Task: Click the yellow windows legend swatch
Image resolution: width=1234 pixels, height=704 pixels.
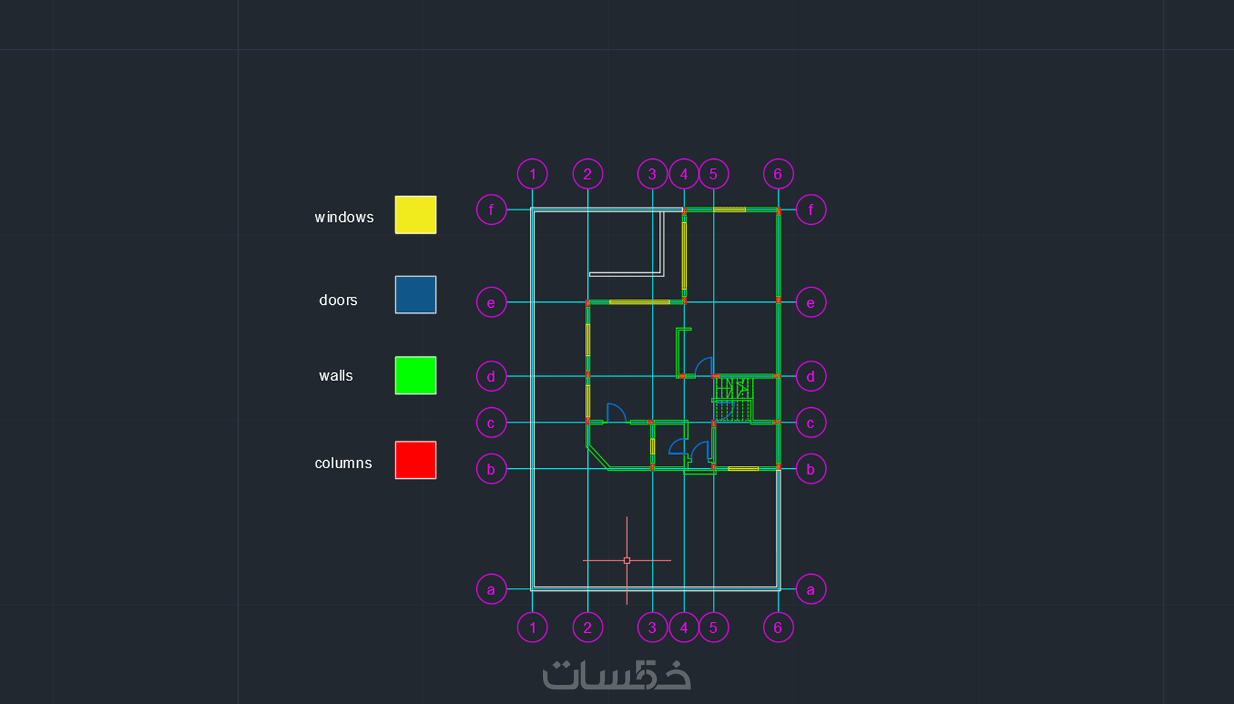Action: [x=415, y=215]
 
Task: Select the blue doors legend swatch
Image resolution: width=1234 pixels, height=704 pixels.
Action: [x=415, y=295]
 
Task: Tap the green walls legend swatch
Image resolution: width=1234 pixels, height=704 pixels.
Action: [x=415, y=375]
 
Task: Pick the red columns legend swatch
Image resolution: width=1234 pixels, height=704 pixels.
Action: [x=415, y=460]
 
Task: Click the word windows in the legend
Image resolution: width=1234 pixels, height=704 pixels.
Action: [x=344, y=217]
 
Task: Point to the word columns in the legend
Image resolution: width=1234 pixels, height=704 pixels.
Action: [x=343, y=463]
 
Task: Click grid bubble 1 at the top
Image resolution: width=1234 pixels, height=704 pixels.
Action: [x=532, y=174]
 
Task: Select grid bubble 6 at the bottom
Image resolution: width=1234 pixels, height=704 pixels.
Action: [x=778, y=627]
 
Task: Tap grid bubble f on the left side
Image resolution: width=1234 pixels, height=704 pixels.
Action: [x=491, y=210]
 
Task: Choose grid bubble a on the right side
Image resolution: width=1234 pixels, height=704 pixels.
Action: [x=810, y=589]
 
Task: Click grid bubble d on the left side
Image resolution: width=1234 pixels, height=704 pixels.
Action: [x=491, y=376]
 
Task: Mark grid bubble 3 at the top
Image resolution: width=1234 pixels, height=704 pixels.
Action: [x=653, y=174]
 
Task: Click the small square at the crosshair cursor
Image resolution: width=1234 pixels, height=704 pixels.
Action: [x=627, y=561]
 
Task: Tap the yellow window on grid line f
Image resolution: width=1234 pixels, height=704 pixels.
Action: [x=730, y=210]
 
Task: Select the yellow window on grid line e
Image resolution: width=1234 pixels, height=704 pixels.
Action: [x=640, y=302]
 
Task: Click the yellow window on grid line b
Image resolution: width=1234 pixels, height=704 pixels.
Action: [x=743, y=469]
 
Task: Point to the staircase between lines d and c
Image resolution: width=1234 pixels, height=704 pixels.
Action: [x=732, y=399]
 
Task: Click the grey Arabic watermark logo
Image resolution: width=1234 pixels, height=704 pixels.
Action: [x=616, y=675]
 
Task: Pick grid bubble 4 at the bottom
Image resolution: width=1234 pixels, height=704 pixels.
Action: [x=684, y=627]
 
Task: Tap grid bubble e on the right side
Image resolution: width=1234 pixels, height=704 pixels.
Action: [x=810, y=303]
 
